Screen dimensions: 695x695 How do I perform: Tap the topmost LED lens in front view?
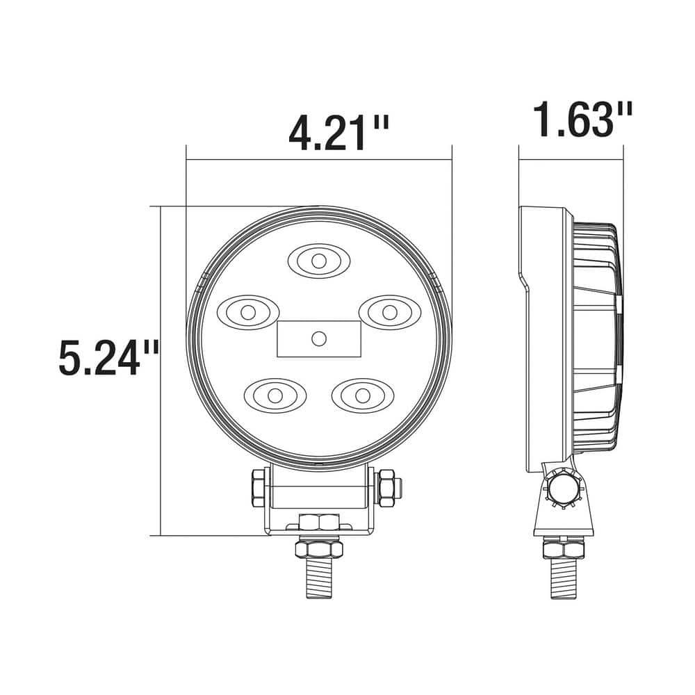318,261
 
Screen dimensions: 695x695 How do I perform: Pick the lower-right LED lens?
361,395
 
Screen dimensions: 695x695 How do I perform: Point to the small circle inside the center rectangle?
319,338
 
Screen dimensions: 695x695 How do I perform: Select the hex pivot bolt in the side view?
563,490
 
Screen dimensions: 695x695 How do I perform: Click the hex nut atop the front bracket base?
319,522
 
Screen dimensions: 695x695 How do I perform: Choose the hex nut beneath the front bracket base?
319,549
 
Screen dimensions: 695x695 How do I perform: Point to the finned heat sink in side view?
596,334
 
